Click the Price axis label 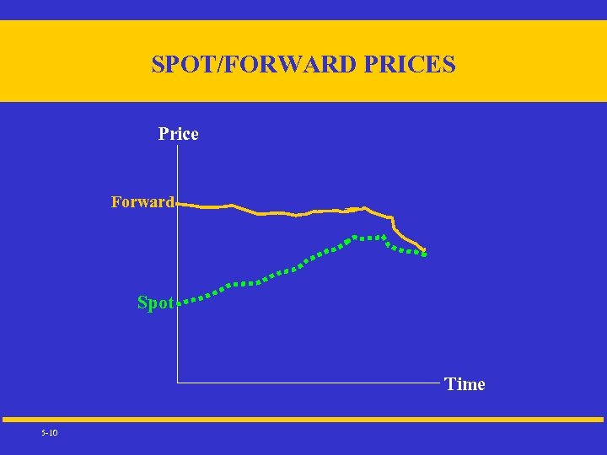pyautogui.click(x=179, y=134)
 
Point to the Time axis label pyautogui.click(x=465, y=384)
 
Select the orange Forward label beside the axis pyautogui.click(x=142, y=202)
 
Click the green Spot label pyautogui.click(x=155, y=302)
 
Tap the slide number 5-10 pyautogui.click(x=49, y=433)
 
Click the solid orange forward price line pyautogui.click(x=278, y=212)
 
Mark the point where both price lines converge pyautogui.click(x=425, y=253)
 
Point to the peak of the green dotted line pyautogui.click(x=356, y=236)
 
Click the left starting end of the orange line pyautogui.click(x=180, y=203)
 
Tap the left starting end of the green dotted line pyautogui.click(x=185, y=301)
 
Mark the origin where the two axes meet pyautogui.click(x=177, y=383)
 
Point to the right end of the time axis pyautogui.click(x=439, y=383)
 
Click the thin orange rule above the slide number pyautogui.click(x=303, y=419)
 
